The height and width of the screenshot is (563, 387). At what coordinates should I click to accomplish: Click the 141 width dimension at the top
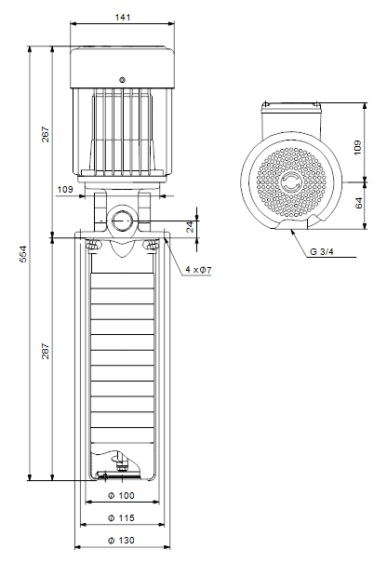(123, 18)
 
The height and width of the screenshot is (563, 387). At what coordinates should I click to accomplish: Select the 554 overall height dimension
(23, 254)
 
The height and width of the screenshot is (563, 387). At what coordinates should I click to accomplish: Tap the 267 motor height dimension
(46, 134)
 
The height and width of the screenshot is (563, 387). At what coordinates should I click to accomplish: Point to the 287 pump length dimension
(46, 351)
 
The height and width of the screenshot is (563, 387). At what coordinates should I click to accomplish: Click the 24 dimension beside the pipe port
(190, 227)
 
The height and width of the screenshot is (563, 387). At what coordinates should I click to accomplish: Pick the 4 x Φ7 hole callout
(198, 269)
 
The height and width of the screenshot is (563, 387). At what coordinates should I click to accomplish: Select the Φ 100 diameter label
(121, 496)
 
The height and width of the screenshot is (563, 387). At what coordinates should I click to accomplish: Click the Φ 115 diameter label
(121, 518)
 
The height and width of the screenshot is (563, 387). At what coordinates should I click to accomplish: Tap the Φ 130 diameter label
(121, 541)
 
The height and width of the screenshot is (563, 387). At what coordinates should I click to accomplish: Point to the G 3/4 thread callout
(322, 251)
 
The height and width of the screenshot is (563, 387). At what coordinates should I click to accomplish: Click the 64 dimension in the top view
(359, 203)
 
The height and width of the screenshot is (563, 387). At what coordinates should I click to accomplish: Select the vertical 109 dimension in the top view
(358, 147)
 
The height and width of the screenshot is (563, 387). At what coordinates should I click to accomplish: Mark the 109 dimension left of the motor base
(65, 189)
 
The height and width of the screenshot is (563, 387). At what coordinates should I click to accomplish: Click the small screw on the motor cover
(123, 80)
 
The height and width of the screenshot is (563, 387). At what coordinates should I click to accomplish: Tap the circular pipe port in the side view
(123, 221)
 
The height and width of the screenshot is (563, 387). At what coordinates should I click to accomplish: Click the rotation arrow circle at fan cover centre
(290, 182)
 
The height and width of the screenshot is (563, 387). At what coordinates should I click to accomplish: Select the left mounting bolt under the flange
(93, 246)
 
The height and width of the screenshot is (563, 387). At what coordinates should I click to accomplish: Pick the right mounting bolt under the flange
(152, 246)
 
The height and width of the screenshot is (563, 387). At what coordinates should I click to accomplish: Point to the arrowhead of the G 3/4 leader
(292, 231)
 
